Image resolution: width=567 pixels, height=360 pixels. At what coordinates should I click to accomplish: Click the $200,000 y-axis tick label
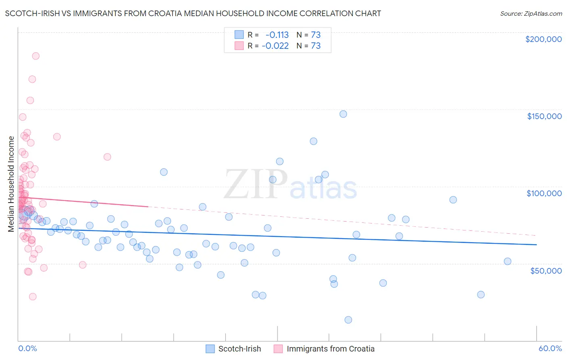(543, 39)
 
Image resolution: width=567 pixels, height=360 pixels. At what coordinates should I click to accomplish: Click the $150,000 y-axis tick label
(544, 116)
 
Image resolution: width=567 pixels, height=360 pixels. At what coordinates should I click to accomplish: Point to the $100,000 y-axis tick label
(544, 193)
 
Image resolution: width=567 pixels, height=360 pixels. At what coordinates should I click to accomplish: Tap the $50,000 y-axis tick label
(546, 270)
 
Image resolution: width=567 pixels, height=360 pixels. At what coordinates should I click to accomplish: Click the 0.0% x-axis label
(27, 348)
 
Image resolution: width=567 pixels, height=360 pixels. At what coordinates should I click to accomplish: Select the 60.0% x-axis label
(550, 348)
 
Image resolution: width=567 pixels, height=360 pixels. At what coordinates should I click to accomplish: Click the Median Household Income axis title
(11, 184)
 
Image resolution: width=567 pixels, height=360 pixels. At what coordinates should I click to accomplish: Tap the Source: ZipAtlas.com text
(531, 13)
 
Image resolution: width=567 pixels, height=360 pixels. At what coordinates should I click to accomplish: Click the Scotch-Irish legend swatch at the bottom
(210, 349)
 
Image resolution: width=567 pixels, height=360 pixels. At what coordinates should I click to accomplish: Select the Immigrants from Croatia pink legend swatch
(278, 349)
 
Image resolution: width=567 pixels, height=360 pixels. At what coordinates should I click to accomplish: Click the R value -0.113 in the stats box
(277, 35)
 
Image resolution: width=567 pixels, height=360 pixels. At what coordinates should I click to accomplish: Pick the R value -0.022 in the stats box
(275, 46)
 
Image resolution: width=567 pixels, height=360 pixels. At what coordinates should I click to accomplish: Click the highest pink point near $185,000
(35, 56)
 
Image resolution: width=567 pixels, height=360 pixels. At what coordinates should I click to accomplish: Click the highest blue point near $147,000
(343, 114)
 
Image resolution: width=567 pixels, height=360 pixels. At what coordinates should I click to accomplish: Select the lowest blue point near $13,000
(348, 320)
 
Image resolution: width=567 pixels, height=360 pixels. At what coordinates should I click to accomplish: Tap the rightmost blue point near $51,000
(507, 261)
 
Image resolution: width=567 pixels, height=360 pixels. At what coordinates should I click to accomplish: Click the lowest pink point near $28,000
(33, 296)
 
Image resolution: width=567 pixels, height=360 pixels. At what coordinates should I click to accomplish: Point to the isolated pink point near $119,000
(107, 157)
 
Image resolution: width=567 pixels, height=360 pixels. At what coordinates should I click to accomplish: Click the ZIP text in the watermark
(256, 185)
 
